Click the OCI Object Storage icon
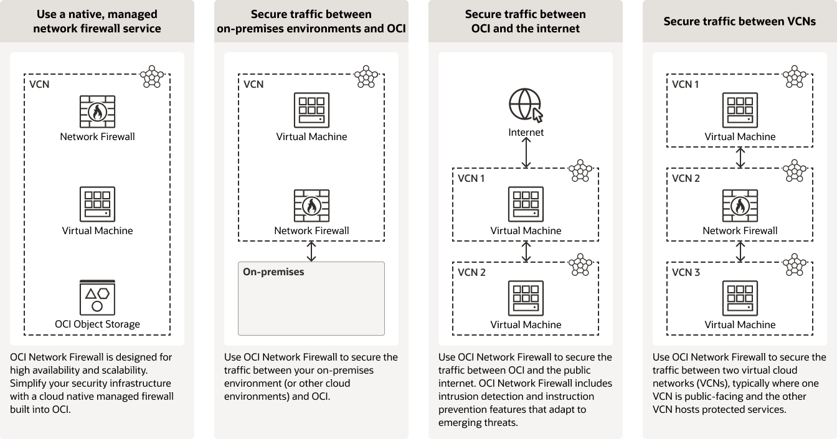point(97,298)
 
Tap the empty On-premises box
point(311,305)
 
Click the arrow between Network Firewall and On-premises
point(311,251)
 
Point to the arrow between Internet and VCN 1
point(526,153)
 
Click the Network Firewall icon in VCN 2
point(740,204)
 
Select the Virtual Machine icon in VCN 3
point(740,298)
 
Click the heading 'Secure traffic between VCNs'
point(740,21)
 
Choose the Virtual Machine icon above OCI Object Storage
point(97,204)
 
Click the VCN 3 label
point(686,273)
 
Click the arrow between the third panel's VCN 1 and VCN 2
point(526,251)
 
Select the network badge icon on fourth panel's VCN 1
point(794,76)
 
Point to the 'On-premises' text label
point(273,272)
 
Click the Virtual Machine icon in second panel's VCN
point(311,110)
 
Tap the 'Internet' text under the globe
point(526,132)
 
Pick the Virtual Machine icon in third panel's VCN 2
point(526,298)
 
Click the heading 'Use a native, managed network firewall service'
point(97,21)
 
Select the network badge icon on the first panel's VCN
point(152,76)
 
